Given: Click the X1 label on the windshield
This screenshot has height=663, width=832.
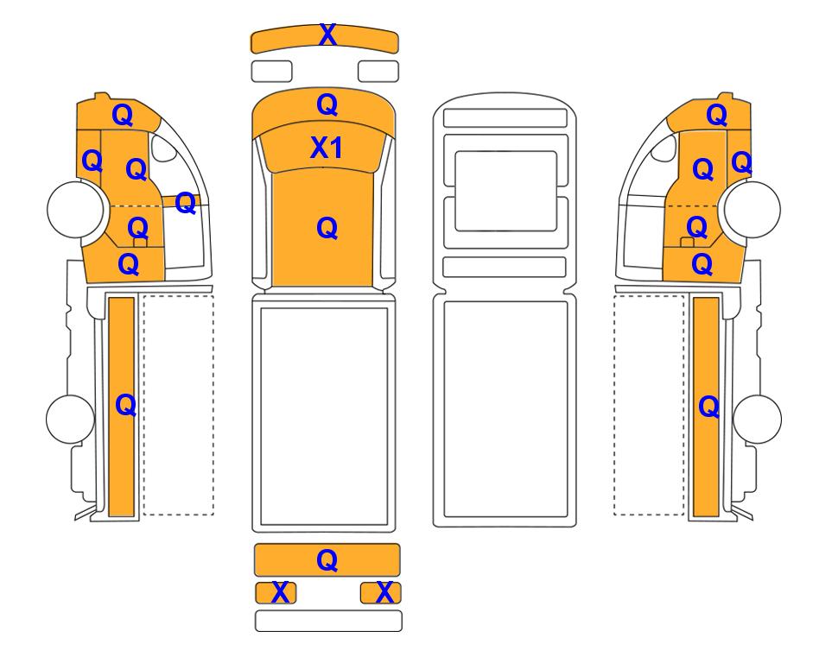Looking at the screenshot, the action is [x=327, y=148].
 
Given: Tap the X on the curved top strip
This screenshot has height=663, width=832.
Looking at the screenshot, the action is [x=328, y=35].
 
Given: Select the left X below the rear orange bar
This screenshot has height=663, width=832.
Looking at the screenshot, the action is [x=280, y=592].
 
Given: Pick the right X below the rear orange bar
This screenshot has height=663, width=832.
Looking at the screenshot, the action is [x=384, y=592].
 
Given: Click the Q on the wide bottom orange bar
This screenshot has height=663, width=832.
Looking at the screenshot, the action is [x=327, y=560].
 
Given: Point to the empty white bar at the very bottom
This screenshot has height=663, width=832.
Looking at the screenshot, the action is [x=328, y=621].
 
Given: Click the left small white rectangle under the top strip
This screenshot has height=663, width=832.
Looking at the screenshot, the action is [x=271, y=71].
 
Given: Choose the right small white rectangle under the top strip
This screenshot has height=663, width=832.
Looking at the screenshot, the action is [x=378, y=71].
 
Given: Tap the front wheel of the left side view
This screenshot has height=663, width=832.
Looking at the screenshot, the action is [x=75, y=208].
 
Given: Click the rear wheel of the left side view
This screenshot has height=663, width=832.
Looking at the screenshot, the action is [x=71, y=419].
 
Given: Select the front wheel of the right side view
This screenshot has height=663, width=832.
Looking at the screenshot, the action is [x=753, y=209].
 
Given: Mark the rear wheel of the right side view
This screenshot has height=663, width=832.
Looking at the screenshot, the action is [x=757, y=419].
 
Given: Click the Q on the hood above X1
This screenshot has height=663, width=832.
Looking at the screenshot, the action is [x=327, y=105].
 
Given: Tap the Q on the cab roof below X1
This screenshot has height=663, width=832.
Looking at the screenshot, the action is [x=327, y=228].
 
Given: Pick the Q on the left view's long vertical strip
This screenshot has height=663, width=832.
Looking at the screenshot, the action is [x=126, y=405].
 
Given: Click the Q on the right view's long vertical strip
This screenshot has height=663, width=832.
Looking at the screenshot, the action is [x=709, y=407].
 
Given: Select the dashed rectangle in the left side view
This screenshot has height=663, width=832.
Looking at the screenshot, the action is [x=179, y=405].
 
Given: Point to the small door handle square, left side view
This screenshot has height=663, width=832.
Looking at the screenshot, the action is [x=140, y=243].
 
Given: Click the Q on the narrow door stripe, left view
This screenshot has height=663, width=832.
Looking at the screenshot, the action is [x=185, y=203].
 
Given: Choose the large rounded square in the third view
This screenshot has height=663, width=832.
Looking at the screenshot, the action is [x=505, y=191].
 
